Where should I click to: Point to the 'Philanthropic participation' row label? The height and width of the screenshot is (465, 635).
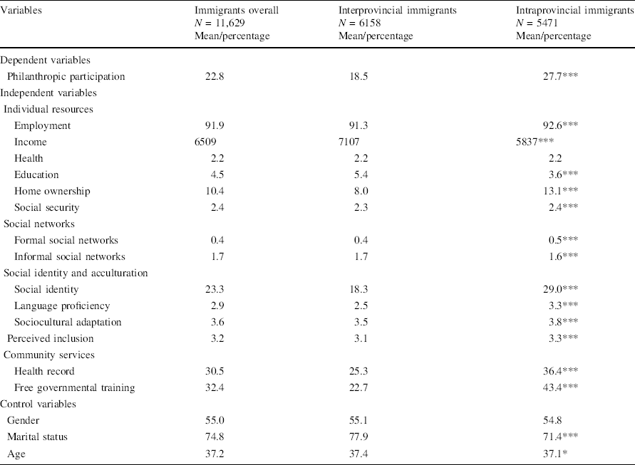[66, 76]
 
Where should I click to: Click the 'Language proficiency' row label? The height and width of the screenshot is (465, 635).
[62, 305]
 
